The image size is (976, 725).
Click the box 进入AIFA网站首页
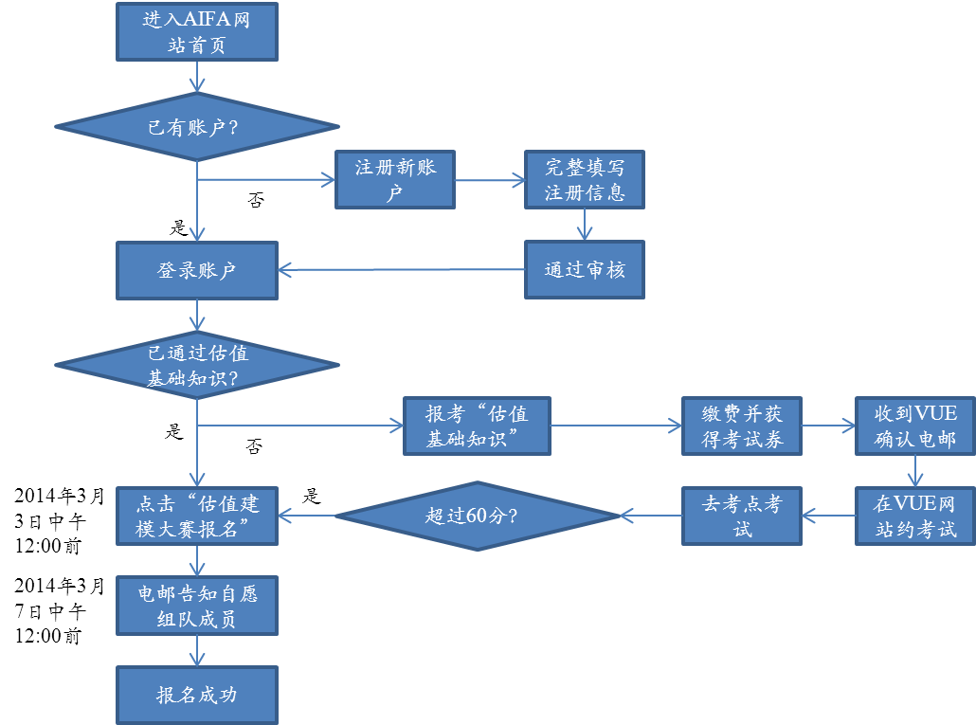point(196,32)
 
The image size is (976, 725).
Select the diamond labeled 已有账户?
point(196,127)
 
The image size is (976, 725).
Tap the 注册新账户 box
point(395,179)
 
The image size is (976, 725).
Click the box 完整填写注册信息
point(585,179)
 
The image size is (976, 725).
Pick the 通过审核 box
point(585,270)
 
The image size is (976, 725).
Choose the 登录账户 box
point(196,270)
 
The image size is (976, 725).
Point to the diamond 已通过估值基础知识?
point(196,365)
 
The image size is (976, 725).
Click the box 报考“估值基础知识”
point(477,426)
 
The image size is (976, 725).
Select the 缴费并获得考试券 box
point(742,426)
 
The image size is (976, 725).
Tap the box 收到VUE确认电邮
point(914,426)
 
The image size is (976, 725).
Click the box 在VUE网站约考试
point(914,517)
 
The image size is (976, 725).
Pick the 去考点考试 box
point(742,517)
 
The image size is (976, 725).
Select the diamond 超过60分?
point(477,517)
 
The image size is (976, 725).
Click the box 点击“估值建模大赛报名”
point(196,517)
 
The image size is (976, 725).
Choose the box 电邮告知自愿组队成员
point(196,606)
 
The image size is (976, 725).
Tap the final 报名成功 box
point(196,695)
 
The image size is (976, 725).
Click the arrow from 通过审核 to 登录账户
point(402,270)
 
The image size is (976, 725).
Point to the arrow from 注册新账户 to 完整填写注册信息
point(490,179)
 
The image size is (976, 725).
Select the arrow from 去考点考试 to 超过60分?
point(651,517)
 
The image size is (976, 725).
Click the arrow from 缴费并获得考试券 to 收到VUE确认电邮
point(828,426)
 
